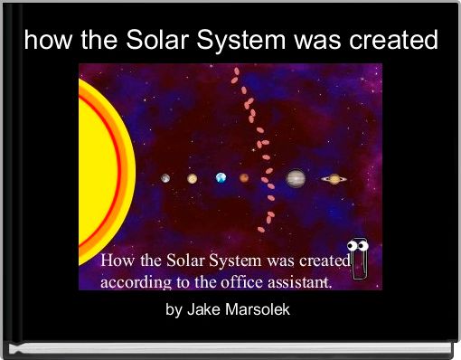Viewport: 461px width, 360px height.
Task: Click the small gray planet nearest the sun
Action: coord(165,178)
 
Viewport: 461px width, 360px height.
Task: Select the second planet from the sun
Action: coord(193,178)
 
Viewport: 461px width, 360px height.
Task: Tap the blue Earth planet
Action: coord(221,178)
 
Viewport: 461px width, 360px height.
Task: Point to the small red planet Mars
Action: coord(244,178)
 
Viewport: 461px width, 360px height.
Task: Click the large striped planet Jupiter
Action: coord(296,178)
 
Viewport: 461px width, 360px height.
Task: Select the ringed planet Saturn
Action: coord(334,178)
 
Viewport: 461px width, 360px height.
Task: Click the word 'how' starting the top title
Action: coord(44,41)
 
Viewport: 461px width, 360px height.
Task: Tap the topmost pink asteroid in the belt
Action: coord(237,71)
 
